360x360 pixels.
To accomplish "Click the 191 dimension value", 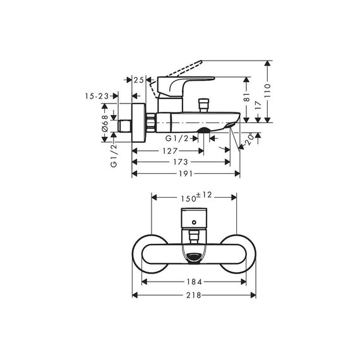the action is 186,174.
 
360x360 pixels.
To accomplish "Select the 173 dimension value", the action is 181,162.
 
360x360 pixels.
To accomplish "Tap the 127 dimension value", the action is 170,151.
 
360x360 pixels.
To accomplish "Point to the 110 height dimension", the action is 268,90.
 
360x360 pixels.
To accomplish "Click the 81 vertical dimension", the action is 246,97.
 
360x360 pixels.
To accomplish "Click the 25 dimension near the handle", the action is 139,80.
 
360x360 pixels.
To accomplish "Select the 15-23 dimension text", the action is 97,96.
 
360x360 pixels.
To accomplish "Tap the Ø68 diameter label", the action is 105,123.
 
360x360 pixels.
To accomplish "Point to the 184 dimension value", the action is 194,282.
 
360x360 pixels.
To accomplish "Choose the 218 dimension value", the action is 193,295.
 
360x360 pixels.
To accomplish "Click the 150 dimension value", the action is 188,199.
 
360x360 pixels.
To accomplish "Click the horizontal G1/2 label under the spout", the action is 177,138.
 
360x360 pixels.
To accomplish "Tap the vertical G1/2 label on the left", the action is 114,156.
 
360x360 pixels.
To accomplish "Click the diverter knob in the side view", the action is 204,105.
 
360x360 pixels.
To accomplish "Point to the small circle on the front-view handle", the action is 195,222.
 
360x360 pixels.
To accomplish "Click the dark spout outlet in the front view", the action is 195,256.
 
